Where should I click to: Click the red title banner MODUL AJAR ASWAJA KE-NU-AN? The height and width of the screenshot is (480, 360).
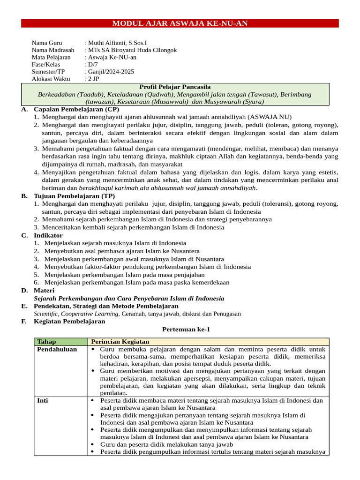[x=180, y=23]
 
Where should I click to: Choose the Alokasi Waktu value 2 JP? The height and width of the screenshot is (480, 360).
[x=93, y=79]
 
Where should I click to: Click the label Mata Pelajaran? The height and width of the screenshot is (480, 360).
[x=51, y=57]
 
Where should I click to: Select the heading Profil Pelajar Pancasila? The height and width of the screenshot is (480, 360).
[x=175, y=87]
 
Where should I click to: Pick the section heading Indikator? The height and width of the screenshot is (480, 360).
[x=48, y=235]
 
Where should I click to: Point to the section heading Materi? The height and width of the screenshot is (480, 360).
[x=44, y=291]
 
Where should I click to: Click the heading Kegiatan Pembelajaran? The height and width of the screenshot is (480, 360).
[x=69, y=322]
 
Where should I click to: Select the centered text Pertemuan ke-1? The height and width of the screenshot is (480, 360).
[x=186, y=330]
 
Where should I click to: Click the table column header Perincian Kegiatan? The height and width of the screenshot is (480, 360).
[x=120, y=342]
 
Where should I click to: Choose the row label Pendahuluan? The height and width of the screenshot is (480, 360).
[x=57, y=349]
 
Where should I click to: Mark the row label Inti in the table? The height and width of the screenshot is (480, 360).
[x=42, y=400]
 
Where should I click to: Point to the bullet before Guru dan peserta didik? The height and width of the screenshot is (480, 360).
[x=94, y=444]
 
